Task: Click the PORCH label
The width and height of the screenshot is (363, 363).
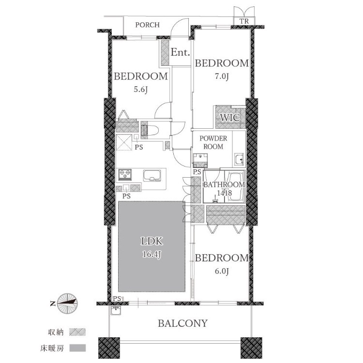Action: click(x=148, y=25)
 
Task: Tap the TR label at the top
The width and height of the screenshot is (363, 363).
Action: click(x=244, y=21)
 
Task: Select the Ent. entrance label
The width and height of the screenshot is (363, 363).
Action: click(x=181, y=52)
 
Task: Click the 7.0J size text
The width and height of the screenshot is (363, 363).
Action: click(x=222, y=76)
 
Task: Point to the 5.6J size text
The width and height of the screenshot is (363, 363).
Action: click(x=141, y=90)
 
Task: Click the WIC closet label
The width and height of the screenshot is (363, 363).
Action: click(x=230, y=118)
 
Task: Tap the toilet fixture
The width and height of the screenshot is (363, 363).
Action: click(x=150, y=130)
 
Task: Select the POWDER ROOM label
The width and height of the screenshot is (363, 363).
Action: click(x=213, y=142)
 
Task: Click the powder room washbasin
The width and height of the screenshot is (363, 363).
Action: click(x=239, y=160)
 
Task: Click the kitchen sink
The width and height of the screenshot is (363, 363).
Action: click(x=152, y=176)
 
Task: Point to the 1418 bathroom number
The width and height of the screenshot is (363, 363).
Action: click(x=225, y=193)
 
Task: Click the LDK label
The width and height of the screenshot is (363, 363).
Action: click(x=152, y=241)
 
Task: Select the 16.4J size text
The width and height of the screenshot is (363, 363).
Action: click(x=152, y=255)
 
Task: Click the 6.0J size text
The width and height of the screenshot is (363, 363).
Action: click(x=222, y=271)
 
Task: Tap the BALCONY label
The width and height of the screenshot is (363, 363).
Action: click(x=182, y=323)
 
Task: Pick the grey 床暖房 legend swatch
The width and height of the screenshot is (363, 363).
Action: click(x=77, y=348)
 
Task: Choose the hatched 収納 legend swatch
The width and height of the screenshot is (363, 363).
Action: click(x=77, y=332)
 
